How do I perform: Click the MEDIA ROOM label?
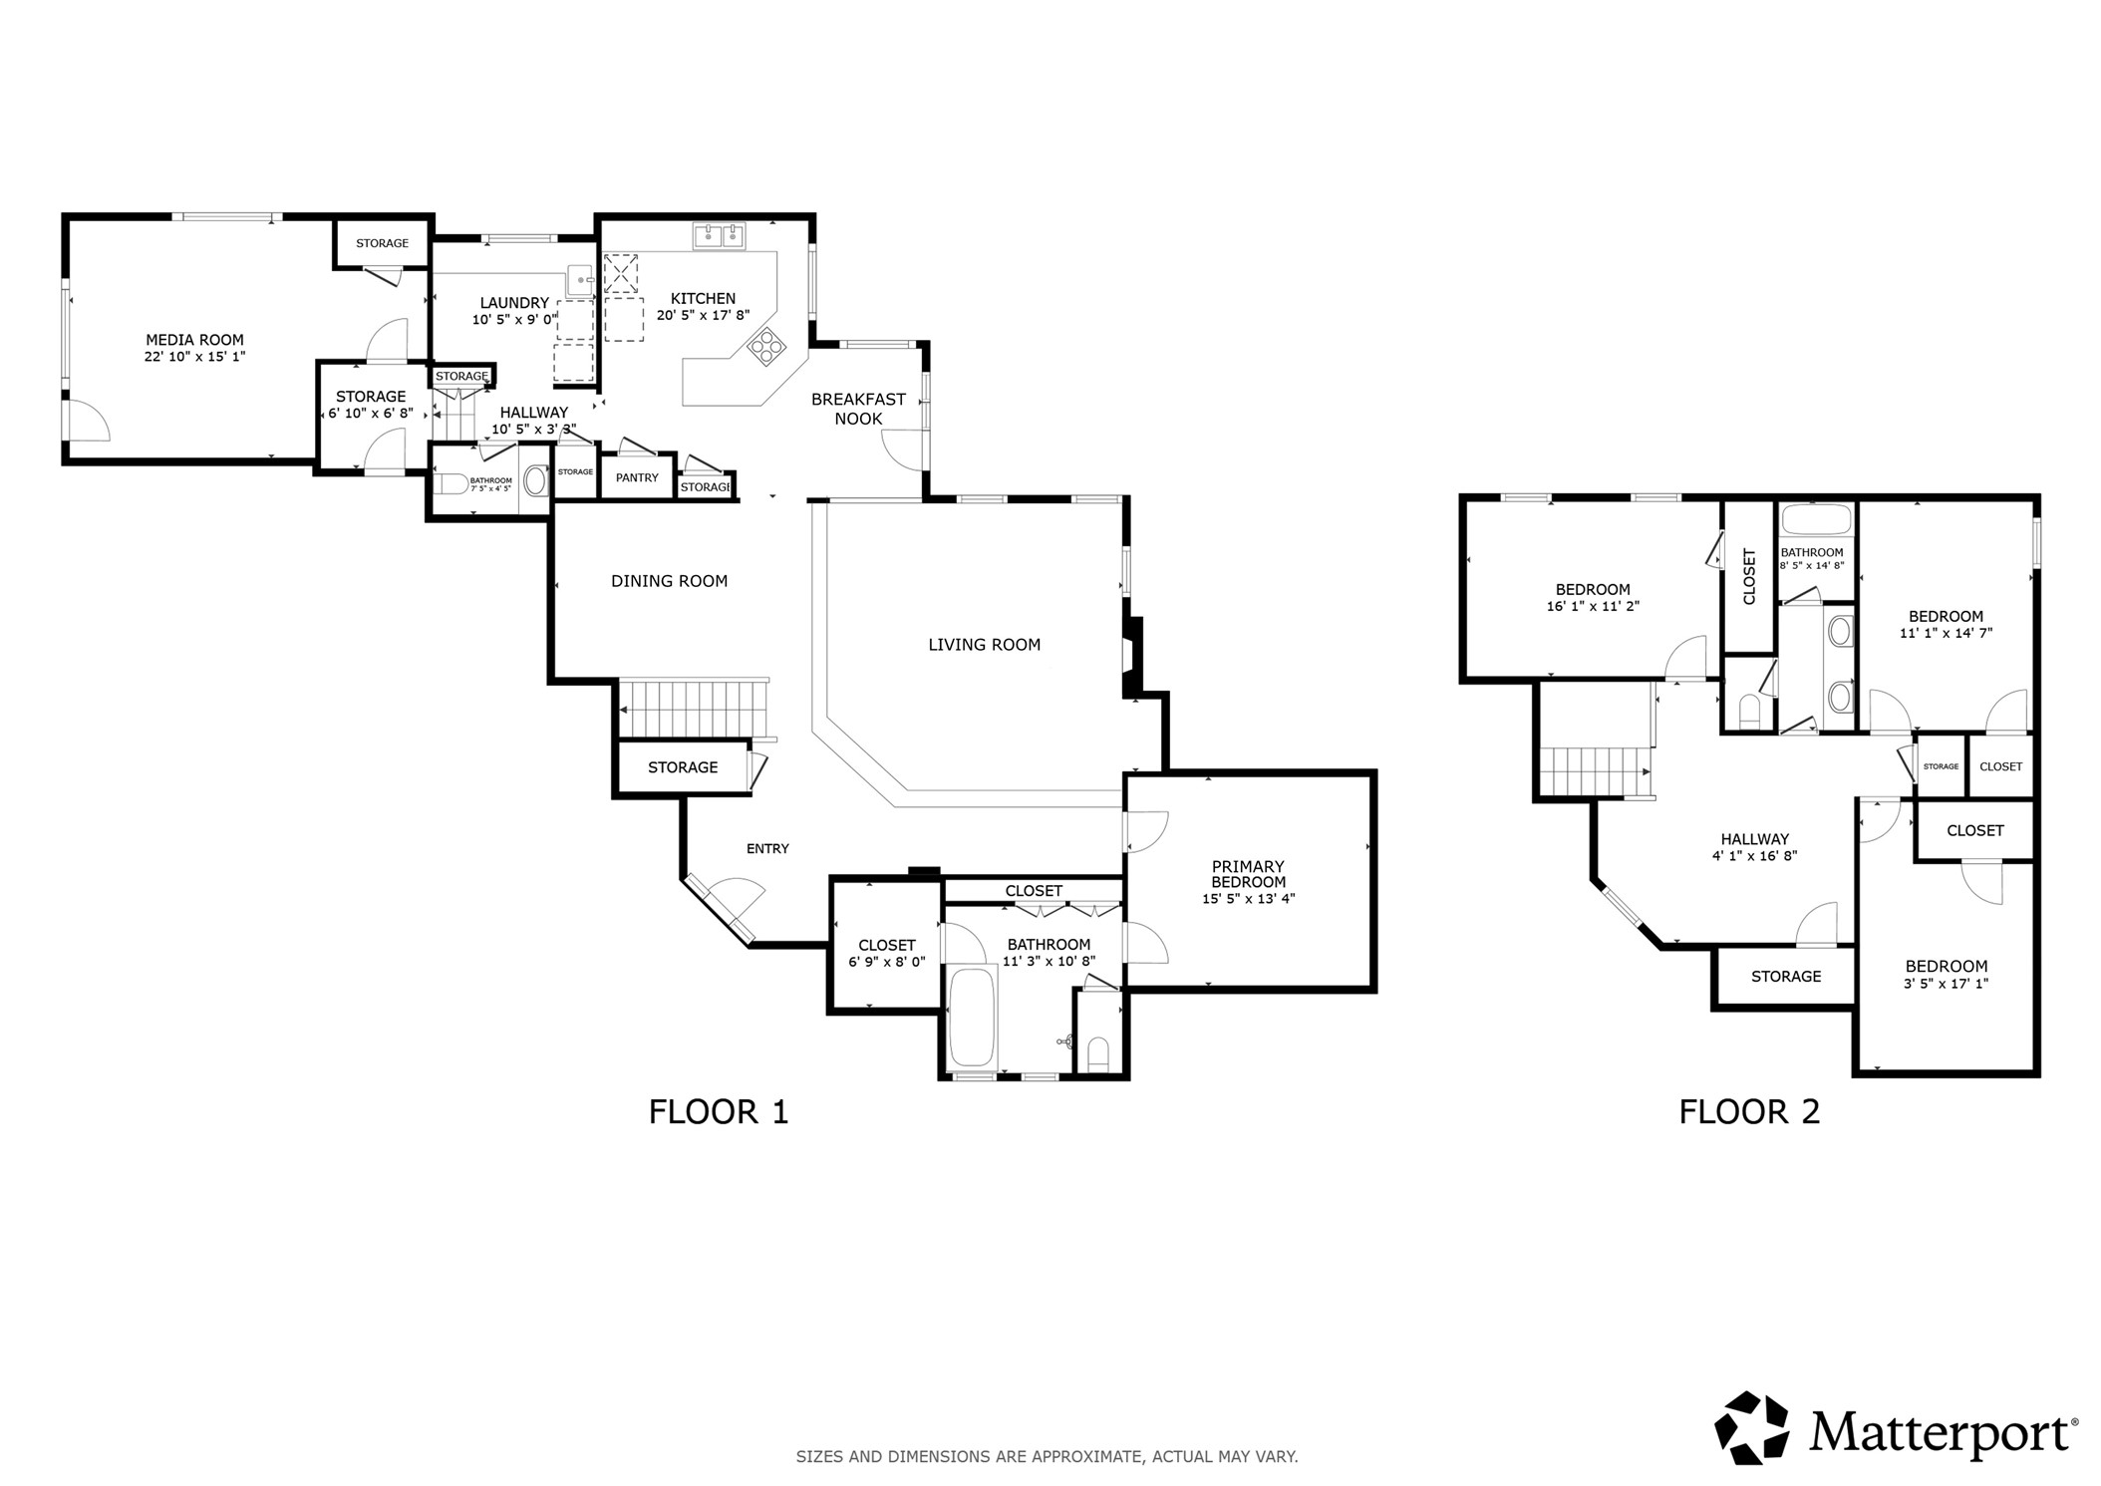(194, 340)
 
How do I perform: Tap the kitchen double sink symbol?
(720, 236)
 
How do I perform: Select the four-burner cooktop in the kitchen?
(766, 347)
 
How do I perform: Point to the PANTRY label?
(637, 477)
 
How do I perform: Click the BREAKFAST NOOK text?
(858, 409)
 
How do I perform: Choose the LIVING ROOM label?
(984, 645)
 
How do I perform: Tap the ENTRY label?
(767, 848)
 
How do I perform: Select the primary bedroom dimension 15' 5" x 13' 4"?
(1248, 899)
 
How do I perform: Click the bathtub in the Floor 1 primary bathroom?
(972, 1018)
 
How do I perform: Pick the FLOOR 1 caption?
(719, 1111)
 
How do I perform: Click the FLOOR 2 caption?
(1749, 1111)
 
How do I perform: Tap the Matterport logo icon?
(1750, 1428)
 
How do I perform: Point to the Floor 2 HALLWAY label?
(1754, 839)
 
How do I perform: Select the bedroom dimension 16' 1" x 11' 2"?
(1593, 606)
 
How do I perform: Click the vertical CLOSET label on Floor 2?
(1749, 577)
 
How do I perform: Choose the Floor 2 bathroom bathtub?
(1816, 520)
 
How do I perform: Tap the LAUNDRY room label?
(514, 303)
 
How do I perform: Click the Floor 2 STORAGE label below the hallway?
(1785, 977)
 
